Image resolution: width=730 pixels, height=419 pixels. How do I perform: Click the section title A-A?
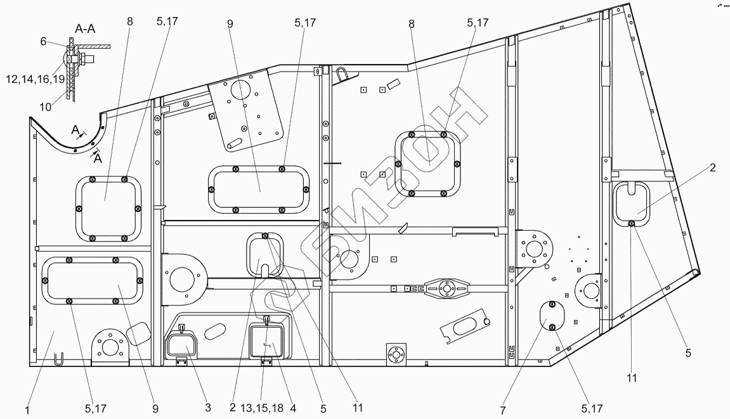pyautogui.click(x=86, y=29)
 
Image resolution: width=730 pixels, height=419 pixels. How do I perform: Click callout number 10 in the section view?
pyautogui.click(x=46, y=106)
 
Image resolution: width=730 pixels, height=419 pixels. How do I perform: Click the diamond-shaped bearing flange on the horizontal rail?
pyautogui.click(x=448, y=288)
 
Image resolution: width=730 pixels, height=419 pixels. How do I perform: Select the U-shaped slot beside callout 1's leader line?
pyautogui.click(x=57, y=359)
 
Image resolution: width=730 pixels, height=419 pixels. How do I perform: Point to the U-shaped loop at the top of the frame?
pyautogui.click(x=342, y=74)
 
